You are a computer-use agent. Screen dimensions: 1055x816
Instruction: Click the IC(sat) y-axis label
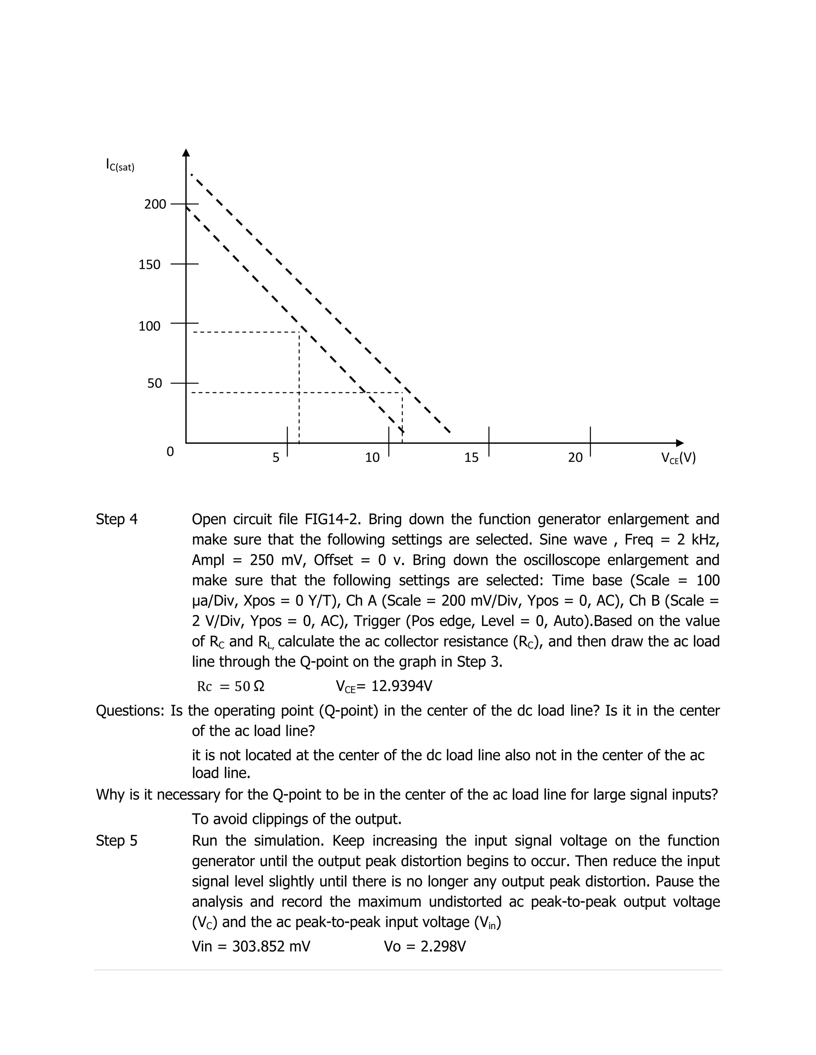pos(120,165)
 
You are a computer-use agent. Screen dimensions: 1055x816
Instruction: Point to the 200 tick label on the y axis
pos(155,204)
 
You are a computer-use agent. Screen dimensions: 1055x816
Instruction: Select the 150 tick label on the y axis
pos(149,265)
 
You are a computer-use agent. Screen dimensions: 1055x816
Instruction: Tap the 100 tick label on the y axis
pos(149,326)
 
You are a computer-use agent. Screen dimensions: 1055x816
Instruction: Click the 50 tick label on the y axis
pos(155,383)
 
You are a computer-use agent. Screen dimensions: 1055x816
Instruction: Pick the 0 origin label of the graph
pos(170,452)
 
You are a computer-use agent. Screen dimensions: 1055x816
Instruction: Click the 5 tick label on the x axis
pos(276,457)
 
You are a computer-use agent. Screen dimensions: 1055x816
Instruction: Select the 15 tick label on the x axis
pos(471,457)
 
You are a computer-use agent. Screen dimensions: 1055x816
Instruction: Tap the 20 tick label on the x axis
pos(575,457)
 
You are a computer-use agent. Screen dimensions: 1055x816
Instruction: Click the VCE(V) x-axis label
pos(678,457)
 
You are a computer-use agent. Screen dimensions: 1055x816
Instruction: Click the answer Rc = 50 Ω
pos(231,686)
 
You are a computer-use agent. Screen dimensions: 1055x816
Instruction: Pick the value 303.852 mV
pos(271,946)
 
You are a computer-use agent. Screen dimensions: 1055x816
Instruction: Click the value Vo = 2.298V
pos(424,946)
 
